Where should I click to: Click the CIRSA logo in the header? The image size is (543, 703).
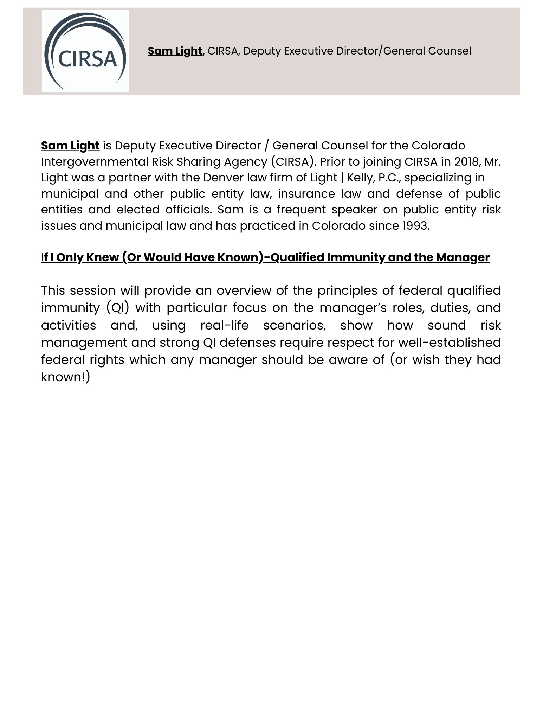pyautogui.click(x=85, y=51)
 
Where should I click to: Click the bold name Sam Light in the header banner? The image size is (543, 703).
pyautogui.click(x=176, y=51)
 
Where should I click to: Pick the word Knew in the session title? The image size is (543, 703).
pyautogui.click(x=102, y=257)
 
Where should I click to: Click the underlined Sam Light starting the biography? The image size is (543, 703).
pyautogui.click(x=70, y=146)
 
